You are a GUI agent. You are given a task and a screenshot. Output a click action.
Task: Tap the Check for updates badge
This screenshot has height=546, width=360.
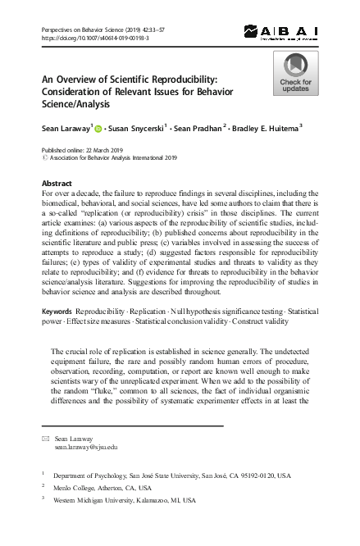coord(295,74)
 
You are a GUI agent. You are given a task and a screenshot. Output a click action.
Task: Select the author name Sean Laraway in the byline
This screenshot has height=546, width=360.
coord(65,128)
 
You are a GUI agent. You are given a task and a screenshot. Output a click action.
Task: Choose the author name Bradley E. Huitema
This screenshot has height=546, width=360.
coord(262,128)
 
